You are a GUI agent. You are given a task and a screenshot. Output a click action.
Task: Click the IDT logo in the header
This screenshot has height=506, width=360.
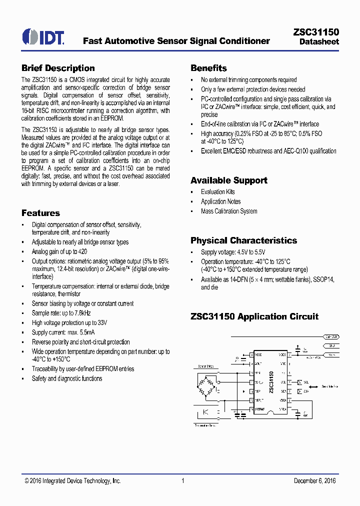(x=43, y=36)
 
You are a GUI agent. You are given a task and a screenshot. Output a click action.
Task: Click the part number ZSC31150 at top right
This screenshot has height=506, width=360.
(x=315, y=32)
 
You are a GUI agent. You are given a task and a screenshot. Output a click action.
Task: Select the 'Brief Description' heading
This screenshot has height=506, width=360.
(x=58, y=68)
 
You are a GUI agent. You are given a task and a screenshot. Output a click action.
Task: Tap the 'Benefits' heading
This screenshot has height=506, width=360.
(x=208, y=68)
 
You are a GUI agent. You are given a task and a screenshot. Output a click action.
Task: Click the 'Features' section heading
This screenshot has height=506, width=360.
(x=40, y=213)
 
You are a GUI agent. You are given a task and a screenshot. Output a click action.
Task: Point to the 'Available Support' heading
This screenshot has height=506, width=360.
(x=229, y=180)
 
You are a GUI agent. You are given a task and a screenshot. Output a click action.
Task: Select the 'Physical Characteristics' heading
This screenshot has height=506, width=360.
(x=243, y=240)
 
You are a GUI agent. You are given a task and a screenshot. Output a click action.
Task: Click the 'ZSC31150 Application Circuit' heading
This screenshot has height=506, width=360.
(x=254, y=316)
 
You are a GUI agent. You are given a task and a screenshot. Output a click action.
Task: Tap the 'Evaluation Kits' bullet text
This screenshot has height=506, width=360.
(x=217, y=192)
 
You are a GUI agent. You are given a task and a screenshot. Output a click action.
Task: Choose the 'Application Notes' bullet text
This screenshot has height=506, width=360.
(x=220, y=201)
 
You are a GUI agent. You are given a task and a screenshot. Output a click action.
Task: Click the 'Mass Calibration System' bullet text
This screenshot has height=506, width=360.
(x=229, y=211)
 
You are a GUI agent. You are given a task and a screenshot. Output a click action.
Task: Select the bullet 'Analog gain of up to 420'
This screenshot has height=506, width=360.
(x=59, y=251)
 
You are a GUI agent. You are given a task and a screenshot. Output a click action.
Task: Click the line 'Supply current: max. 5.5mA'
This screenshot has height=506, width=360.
(x=63, y=332)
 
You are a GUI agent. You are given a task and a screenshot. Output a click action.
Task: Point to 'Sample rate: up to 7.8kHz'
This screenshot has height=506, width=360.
(x=61, y=313)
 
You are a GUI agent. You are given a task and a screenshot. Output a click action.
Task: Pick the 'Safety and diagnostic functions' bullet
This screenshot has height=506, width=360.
(x=67, y=378)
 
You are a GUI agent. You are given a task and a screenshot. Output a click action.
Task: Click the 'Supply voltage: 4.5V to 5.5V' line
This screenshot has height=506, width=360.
(x=233, y=252)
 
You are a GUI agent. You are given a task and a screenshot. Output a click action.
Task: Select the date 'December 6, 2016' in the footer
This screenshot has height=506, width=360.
(x=314, y=481)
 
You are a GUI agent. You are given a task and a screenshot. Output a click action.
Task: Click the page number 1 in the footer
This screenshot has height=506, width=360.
(x=183, y=481)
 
